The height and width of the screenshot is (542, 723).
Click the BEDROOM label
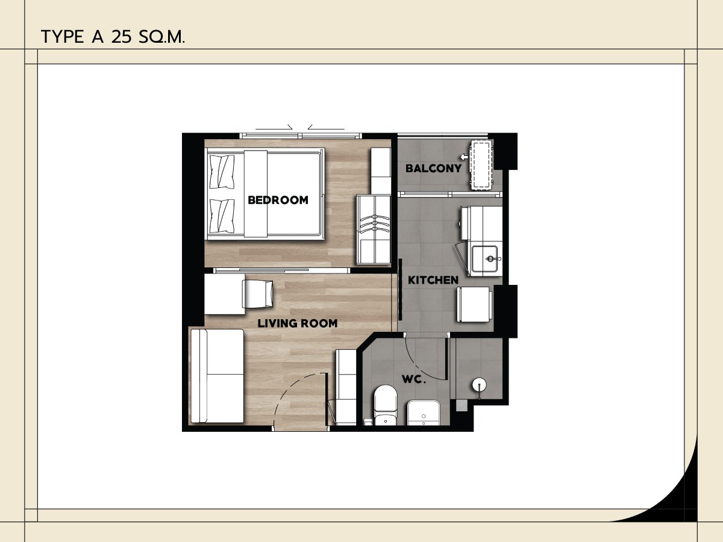point(278,200)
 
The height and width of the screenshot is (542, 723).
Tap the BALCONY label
point(433,169)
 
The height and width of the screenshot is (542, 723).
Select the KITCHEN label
point(433,280)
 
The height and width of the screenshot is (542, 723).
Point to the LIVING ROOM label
point(298,323)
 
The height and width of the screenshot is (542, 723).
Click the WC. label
point(414,379)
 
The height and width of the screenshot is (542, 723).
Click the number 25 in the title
point(122,37)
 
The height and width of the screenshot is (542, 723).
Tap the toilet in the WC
point(386,405)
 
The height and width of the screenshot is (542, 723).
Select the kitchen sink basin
point(485,258)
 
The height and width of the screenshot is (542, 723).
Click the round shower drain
point(479,385)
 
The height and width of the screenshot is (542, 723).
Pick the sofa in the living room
point(218,376)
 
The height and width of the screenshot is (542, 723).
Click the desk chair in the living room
point(258,294)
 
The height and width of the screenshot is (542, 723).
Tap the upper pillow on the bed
point(222,172)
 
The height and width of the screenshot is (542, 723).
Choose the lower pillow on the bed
point(222,216)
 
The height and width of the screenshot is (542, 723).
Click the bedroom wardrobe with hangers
point(374,229)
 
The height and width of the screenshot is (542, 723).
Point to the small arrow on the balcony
point(465,157)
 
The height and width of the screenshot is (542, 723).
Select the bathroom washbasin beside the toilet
point(424,413)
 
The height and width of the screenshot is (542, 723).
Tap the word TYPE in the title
point(62,37)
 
